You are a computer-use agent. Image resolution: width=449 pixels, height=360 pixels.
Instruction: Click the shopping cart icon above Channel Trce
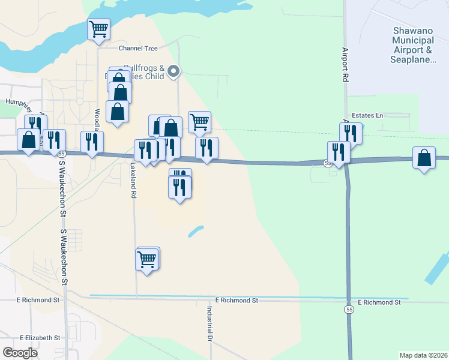98,28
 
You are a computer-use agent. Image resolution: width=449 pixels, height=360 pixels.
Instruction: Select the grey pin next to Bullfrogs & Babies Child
173,71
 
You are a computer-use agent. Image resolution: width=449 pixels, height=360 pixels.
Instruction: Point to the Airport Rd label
345,65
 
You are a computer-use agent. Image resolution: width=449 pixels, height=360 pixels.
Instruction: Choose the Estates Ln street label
367,115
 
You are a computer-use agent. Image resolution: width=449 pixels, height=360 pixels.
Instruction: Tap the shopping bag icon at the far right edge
424,158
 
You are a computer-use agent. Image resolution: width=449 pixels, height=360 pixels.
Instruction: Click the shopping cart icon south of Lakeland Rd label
147,259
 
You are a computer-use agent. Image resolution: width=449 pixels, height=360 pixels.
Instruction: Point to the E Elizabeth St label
41,338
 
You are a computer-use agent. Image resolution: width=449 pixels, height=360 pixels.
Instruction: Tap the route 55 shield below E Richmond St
349,310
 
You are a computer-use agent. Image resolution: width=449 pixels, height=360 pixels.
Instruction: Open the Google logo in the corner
20,352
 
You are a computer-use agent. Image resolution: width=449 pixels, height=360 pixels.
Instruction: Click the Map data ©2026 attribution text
423,355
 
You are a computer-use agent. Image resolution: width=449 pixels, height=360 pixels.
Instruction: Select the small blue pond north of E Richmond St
196,231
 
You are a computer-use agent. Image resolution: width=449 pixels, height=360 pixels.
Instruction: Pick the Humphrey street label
18,103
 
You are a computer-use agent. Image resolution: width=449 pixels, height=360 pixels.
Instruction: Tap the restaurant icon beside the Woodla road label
92,142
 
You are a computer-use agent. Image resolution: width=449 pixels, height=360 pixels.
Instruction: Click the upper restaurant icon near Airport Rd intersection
351,133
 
